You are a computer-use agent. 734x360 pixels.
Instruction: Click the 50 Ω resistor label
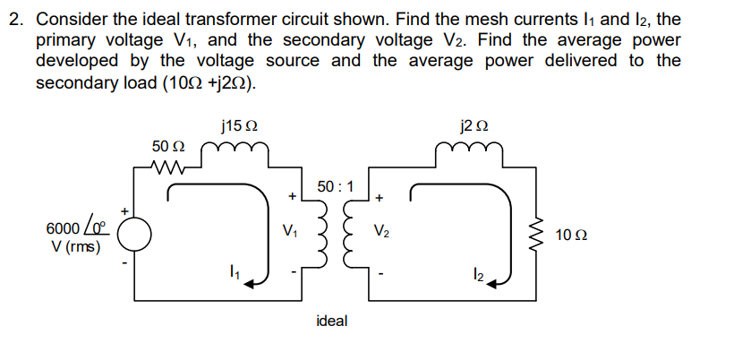coord(167,145)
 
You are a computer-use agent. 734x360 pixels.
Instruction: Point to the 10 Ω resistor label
coord(570,236)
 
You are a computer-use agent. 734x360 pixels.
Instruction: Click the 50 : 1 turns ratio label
coord(336,187)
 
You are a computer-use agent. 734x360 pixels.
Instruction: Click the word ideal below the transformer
coord(332,321)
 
